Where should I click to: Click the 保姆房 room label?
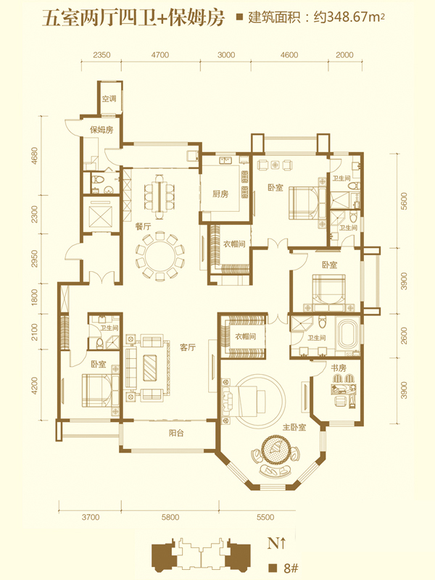click(101, 130)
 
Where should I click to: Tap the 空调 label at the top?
click(109, 99)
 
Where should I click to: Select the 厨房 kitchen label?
click(220, 194)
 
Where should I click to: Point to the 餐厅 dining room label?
click(143, 226)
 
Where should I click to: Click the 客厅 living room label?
click(188, 347)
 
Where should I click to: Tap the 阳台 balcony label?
click(176, 433)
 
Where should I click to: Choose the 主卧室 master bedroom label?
click(294, 427)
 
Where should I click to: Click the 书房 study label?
click(338, 368)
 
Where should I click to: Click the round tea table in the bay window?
click(275, 449)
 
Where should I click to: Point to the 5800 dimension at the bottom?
click(170, 517)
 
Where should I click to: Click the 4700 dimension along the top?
click(159, 55)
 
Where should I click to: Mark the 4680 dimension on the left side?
click(34, 156)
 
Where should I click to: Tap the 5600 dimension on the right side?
click(404, 201)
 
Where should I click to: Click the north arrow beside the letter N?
click(283, 543)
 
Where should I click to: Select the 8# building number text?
click(291, 568)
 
